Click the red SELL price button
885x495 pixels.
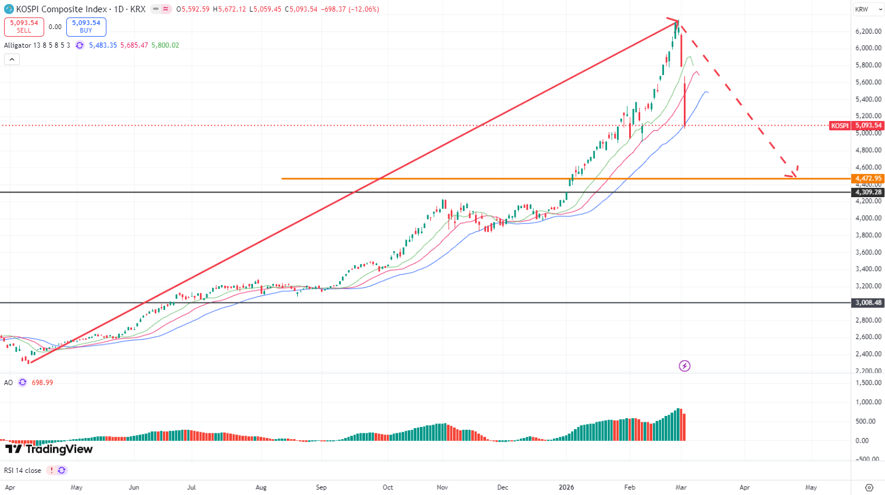pos(24,27)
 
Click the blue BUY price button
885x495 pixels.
pos(86,27)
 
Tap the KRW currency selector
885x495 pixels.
pos(862,9)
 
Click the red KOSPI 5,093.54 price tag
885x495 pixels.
pos(856,126)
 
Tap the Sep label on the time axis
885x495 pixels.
pos(321,487)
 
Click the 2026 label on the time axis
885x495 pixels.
pos(566,487)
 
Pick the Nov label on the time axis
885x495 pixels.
pos(442,487)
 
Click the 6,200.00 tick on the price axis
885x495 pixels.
pos(868,31)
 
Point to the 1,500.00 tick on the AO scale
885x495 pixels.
pos(868,383)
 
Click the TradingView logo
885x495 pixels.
pos(49,449)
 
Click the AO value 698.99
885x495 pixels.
pos(42,383)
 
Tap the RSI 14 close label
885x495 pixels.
pos(23,471)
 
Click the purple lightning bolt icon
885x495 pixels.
pos(684,366)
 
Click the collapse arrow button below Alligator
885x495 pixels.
pos(12,59)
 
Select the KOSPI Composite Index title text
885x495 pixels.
pos(62,9)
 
